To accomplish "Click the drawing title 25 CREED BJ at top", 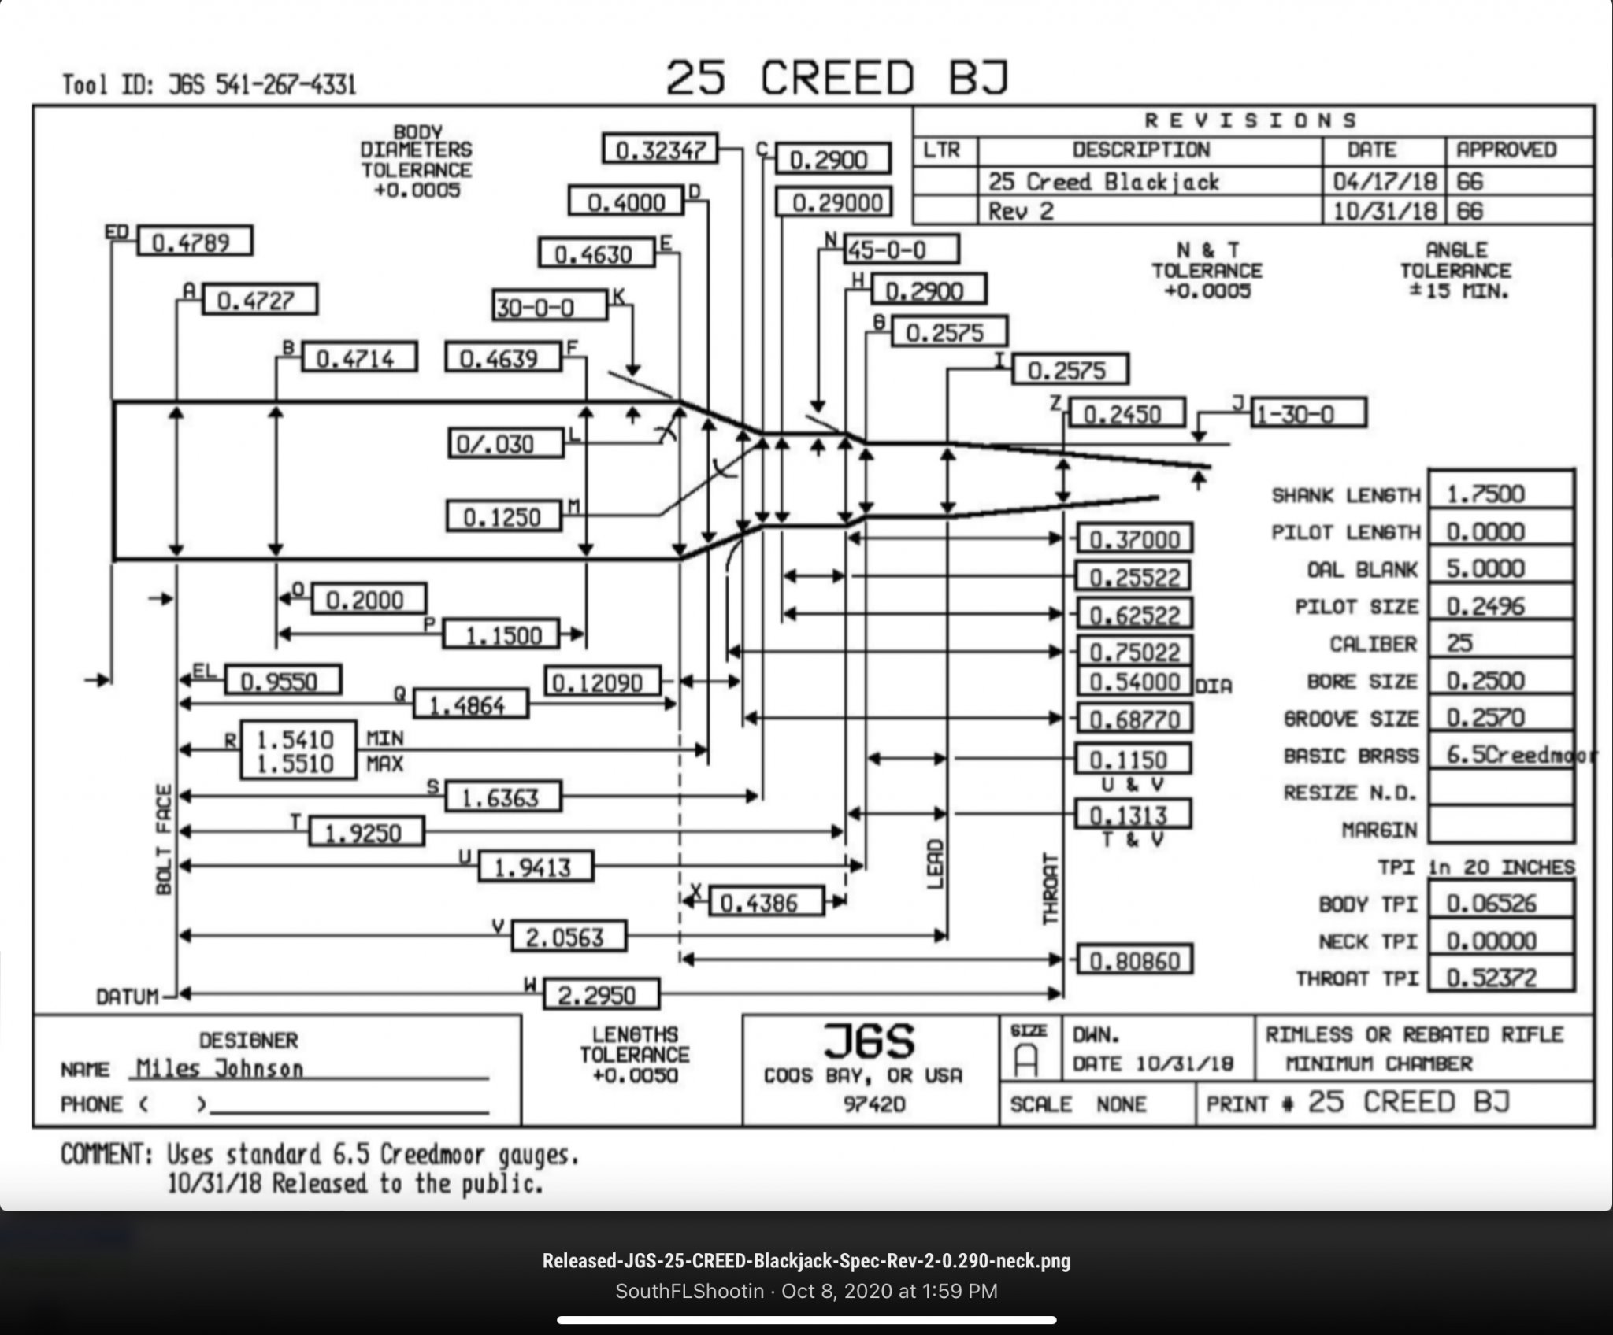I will click(x=836, y=78).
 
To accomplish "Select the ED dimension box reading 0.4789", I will click(x=195, y=242).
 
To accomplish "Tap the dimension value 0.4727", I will click(x=260, y=301).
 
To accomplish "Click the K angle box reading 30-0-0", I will click(x=550, y=306).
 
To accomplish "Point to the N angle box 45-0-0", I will click(x=901, y=250).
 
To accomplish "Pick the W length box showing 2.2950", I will click(x=600, y=996).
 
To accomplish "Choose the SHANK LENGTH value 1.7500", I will click(x=1500, y=494).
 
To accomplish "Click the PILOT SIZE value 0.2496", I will click(x=1500, y=606).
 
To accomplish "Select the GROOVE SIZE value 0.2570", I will click(x=1500, y=718).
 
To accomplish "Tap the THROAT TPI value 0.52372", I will click(x=1500, y=978).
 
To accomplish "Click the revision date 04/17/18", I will click(x=1384, y=182).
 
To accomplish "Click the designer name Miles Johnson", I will click(x=220, y=1068).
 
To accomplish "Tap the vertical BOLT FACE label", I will click(x=164, y=839).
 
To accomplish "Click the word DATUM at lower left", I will click(x=127, y=997).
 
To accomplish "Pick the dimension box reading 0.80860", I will click(x=1133, y=960).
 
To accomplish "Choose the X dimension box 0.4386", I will click(x=766, y=902).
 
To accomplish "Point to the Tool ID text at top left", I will click(x=209, y=84).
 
